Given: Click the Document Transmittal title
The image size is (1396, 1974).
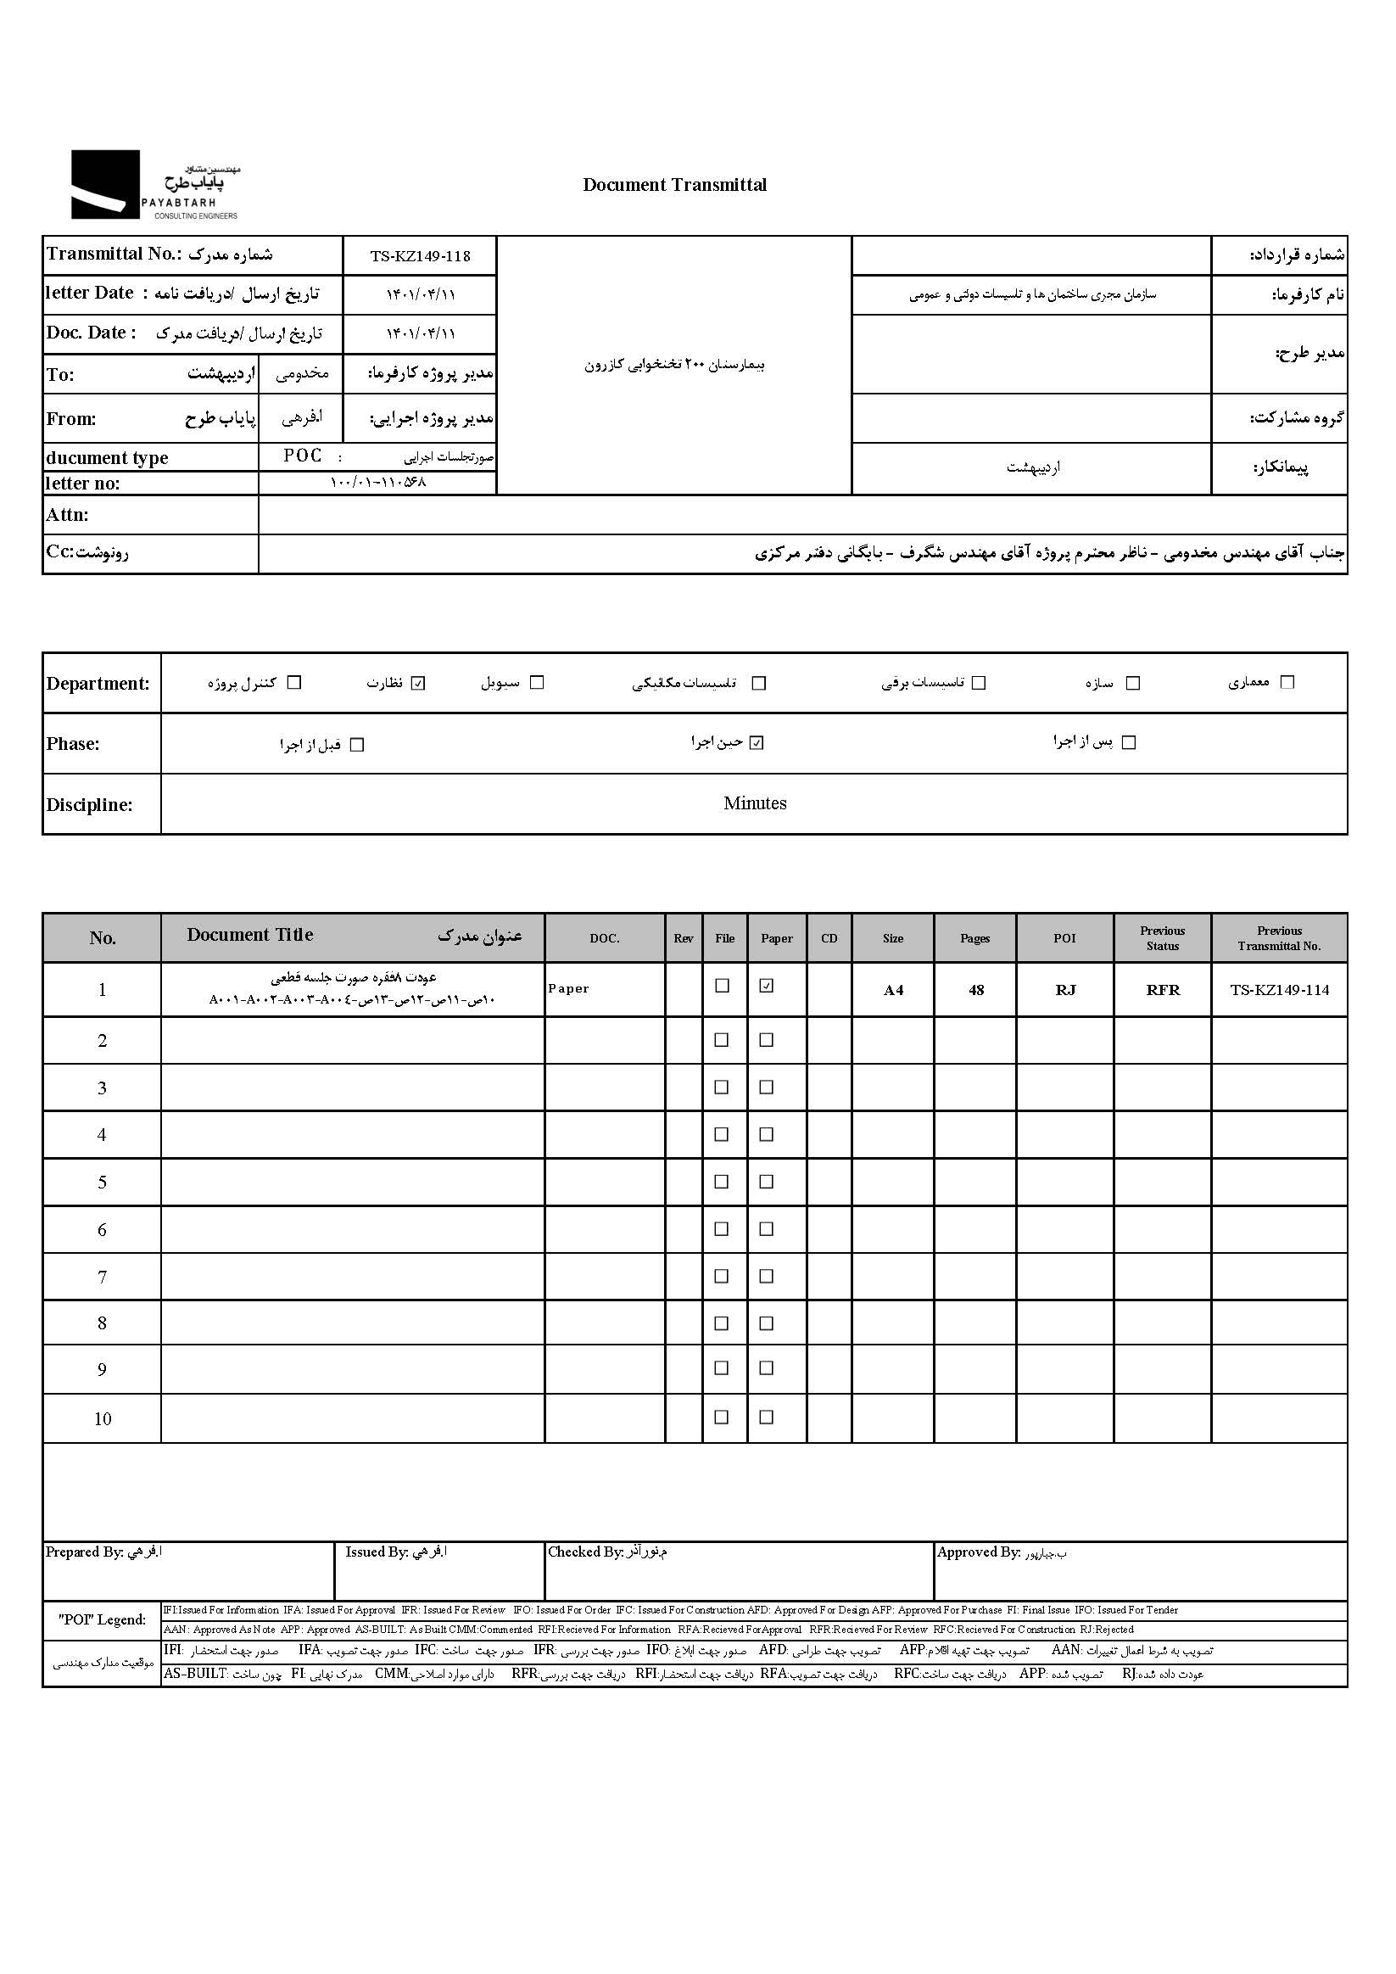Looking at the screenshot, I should point(674,185).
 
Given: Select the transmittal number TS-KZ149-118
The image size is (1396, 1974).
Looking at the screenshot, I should point(420,256).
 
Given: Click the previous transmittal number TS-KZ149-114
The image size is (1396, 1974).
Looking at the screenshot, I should point(1278,991).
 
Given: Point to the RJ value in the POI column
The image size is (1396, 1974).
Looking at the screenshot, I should point(1065,991).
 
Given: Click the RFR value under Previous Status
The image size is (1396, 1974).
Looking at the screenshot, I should point(1162,991).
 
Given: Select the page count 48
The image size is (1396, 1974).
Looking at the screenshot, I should point(975,991).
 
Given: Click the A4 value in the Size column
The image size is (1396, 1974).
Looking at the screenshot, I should point(893,991).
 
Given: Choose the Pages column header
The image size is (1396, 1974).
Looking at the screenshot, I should point(974,938).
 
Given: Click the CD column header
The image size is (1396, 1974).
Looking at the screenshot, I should point(829,938).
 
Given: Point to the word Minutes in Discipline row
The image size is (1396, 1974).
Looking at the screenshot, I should point(755,803).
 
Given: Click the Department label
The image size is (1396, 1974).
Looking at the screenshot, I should point(98,684).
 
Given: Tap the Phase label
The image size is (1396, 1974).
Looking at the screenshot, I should point(73,744).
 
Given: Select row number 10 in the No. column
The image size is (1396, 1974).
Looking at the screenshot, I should point(103,1419).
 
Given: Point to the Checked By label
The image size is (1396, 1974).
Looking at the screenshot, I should point(584,1552).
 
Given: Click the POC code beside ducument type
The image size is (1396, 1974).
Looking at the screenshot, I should point(303,456).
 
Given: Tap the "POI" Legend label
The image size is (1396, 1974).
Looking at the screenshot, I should point(103,1619).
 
